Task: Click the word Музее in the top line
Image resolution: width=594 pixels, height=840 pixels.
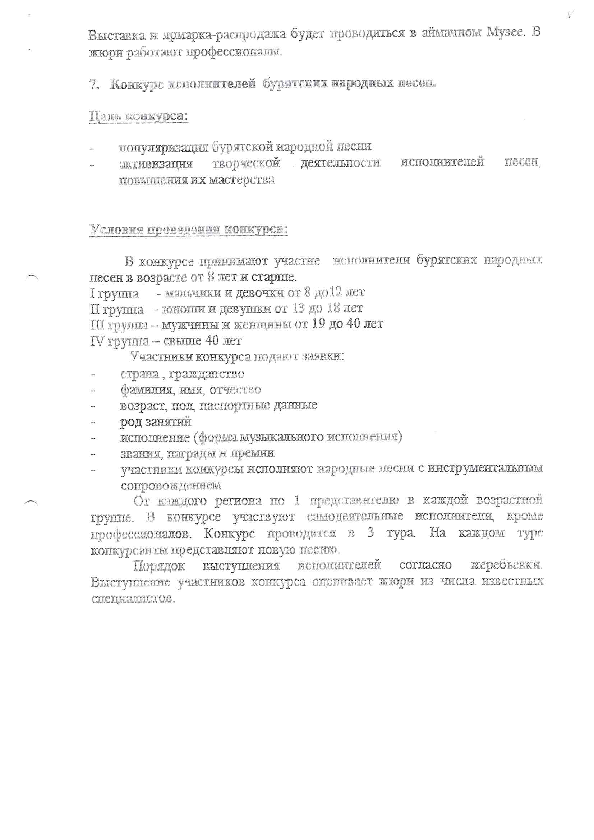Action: tap(506, 33)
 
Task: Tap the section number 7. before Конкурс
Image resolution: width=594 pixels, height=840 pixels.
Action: tap(94, 84)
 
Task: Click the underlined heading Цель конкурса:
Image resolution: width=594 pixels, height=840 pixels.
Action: tap(139, 117)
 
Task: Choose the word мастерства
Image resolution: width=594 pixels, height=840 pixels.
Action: tap(241, 180)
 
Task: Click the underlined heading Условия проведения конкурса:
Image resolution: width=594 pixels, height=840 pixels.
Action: tap(189, 229)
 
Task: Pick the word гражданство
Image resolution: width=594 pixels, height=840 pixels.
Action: tap(207, 374)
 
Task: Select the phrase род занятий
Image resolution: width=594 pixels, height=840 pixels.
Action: tap(156, 422)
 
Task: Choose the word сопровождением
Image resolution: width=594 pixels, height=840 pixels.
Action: tap(171, 485)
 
